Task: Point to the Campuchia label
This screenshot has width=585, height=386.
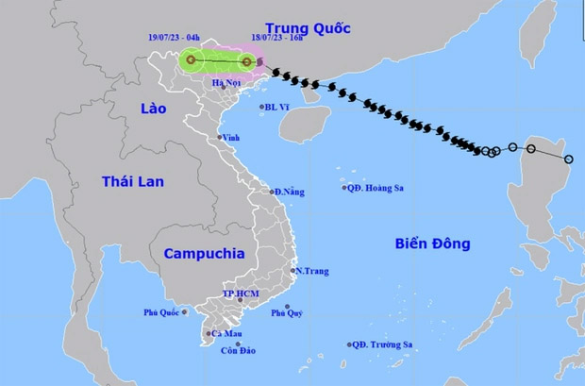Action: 203,253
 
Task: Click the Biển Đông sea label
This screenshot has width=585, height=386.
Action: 431,243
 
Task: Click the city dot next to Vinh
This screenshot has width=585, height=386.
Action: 220,138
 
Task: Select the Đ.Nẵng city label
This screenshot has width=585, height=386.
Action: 290,193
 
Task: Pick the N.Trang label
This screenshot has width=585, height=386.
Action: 311,272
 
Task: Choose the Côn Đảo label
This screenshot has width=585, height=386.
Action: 240,352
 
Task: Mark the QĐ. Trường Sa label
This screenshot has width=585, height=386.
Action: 383,345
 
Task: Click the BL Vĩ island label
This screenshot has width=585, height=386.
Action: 276,108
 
